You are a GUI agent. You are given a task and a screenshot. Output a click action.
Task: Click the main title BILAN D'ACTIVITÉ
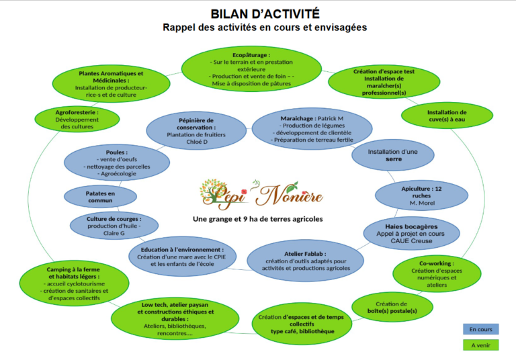(x=265, y=14)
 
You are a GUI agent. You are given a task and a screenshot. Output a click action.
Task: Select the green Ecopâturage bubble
(x=251, y=69)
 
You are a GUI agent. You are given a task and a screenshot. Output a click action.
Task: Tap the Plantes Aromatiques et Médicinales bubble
(x=112, y=83)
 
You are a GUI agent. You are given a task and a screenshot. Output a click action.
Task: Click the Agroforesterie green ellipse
(x=77, y=119)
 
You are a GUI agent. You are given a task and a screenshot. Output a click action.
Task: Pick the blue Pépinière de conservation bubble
(x=196, y=131)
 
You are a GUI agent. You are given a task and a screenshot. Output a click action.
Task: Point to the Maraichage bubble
(x=312, y=129)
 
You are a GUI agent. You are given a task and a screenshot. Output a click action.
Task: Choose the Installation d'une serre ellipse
(x=393, y=155)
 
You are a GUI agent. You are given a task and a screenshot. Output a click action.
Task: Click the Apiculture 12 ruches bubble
(x=421, y=195)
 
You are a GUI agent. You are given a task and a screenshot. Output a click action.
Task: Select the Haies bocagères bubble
(x=411, y=233)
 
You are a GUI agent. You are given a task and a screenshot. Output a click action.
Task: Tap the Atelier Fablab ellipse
(x=306, y=261)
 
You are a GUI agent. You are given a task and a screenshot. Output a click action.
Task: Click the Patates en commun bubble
(x=100, y=197)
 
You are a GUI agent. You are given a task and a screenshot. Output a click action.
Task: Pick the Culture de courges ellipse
(x=114, y=226)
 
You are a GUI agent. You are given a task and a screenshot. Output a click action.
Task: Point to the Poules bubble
(x=117, y=163)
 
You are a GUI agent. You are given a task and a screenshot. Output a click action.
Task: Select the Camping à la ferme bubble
(x=74, y=283)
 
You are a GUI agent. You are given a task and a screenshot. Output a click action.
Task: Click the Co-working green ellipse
(x=437, y=274)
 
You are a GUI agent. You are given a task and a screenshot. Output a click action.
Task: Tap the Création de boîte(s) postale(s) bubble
(x=392, y=307)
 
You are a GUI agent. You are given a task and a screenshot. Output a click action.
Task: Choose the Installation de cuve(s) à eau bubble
(x=447, y=116)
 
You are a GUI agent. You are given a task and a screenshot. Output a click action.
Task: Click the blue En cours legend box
(x=481, y=329)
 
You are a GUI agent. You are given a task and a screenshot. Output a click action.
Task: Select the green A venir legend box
(x=481, y=345)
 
